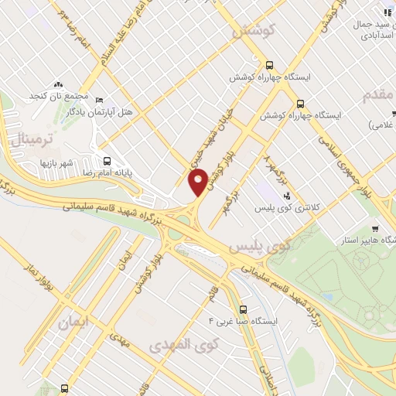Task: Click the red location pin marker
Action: [198, 182]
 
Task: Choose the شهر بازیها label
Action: [55, 163]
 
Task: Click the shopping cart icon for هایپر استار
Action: [375, 228]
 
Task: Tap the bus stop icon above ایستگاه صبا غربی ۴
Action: [244, 306]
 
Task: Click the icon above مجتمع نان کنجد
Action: [59, 84]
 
